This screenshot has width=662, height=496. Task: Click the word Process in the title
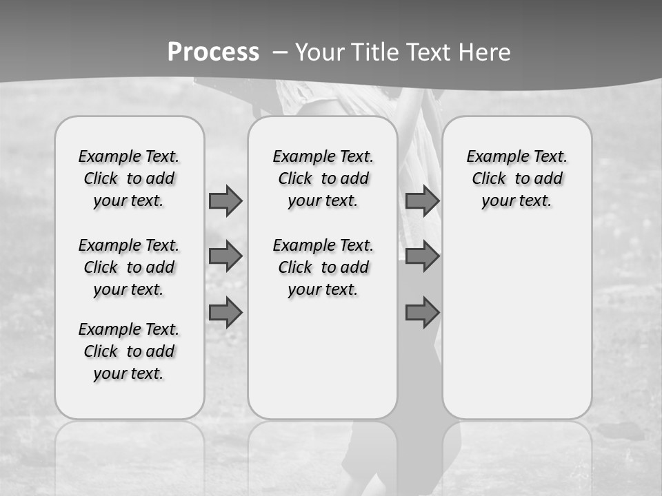213,52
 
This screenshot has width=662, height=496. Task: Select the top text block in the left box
129,178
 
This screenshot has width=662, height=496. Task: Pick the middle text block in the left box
129,267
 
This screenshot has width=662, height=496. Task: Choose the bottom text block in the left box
129,351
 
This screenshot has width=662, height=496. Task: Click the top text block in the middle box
323,178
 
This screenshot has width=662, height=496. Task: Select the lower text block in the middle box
323,267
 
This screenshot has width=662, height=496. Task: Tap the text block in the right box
516,178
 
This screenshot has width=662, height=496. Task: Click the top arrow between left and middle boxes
225,200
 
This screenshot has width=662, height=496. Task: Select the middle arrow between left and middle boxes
225,256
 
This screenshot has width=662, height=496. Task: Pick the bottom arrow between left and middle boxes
225,312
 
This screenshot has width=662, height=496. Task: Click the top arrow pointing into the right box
422,200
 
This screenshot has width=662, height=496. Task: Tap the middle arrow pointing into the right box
422,256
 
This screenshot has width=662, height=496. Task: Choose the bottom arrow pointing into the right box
422,312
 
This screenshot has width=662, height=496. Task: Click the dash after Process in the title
280,52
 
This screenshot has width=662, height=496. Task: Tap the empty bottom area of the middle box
323,365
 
